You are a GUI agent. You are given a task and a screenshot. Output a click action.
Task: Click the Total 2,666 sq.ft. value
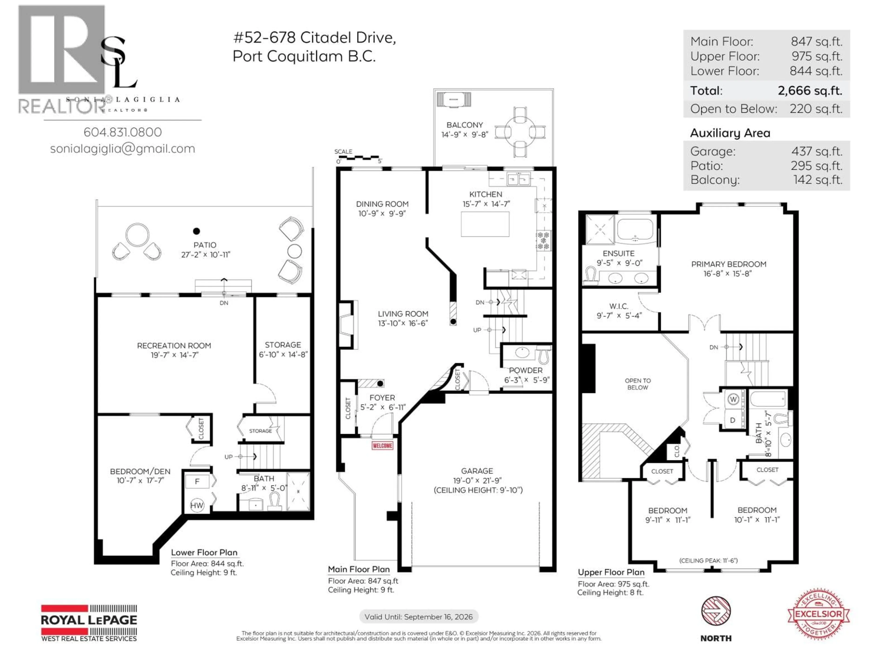pos(810,90)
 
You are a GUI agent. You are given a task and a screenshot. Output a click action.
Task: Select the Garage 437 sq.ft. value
pos(817,151)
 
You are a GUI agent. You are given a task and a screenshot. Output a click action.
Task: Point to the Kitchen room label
pos(486,194)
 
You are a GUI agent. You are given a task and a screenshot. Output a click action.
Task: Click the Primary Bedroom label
pos(728,264)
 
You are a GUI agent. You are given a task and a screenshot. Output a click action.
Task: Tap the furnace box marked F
pos(197,481)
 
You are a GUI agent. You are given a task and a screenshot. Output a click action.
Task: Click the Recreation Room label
pos(174,346)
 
